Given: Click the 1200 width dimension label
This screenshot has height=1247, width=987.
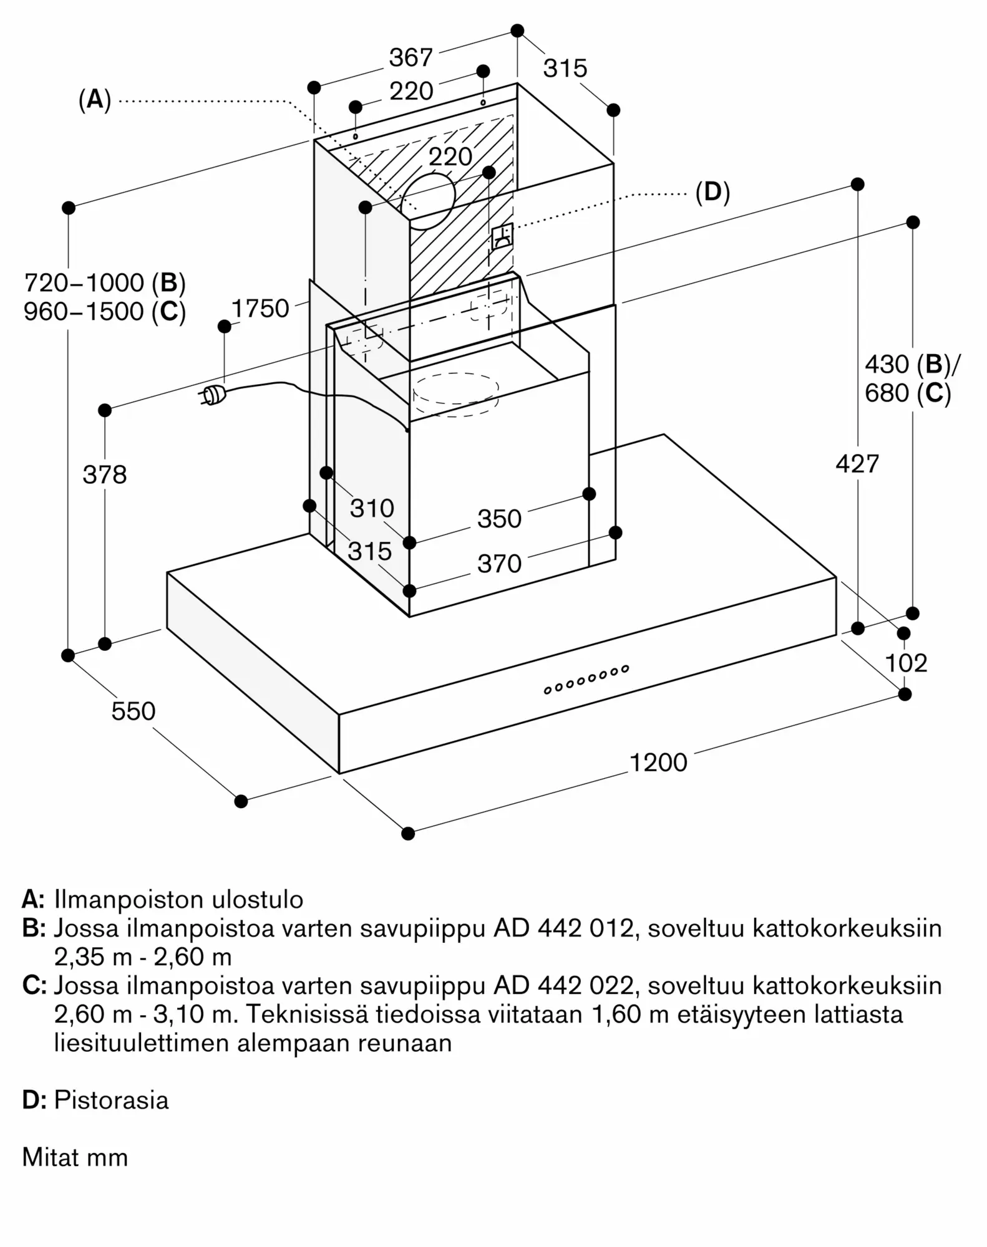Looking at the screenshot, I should [x=658, y=763].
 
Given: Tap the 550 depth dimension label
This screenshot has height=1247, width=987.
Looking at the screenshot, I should [x=133, y=711].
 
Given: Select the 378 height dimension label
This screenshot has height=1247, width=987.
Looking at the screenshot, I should [x=105, y=475].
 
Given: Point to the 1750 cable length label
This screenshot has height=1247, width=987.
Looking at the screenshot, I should [x=260, y=309].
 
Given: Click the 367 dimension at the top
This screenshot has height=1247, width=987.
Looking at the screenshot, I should [x=411, y=58].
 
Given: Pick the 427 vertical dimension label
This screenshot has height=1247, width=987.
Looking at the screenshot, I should [x=857, y=464].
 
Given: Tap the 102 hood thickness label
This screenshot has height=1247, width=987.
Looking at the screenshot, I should [x=906, y=663].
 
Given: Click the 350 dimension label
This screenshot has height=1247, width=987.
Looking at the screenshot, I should [x=499, y=519].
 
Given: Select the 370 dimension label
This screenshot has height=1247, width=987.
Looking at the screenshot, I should [x=499, y=564].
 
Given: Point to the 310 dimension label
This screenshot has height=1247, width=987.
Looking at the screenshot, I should [x=372, y=509].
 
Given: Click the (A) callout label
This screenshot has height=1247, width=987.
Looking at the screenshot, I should [x=95, y=99].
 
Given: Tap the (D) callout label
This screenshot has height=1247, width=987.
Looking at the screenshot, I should [x=712, y=193].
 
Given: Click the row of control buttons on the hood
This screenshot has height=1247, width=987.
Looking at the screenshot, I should [x=586, y=680].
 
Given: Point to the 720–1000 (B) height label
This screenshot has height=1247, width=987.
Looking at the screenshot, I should [x=105, y=283].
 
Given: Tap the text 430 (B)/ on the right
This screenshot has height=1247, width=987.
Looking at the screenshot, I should [x=912, y=365].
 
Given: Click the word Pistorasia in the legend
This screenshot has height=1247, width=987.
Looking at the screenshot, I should [x=111, y=1100].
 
